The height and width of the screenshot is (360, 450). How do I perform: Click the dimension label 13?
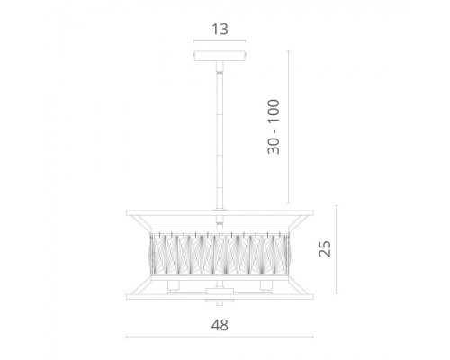(220, 30)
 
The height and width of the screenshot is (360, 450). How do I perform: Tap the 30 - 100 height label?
(274, 127)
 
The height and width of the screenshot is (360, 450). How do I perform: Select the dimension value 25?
(325, 248)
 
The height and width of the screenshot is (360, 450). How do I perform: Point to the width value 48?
(220, 325)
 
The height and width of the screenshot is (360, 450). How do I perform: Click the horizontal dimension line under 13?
(220, 41)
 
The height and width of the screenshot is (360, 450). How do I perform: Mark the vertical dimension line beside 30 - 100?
(289, 127)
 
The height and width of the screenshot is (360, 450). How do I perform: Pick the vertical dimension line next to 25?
(337, 249)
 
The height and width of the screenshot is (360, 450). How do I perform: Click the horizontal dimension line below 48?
(220, 337)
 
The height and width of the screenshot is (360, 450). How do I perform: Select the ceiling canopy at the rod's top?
(220, 56)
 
